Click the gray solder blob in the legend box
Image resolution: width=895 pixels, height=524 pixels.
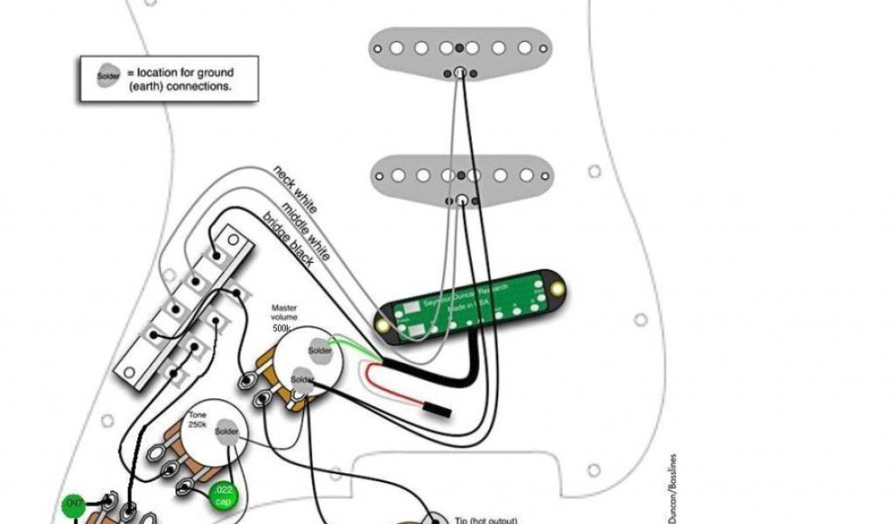[108, 75]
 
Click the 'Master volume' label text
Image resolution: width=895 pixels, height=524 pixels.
[284, 313]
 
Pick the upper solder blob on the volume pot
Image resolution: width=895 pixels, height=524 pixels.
[320, 351]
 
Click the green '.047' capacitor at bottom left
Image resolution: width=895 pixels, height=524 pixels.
[73, 506]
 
